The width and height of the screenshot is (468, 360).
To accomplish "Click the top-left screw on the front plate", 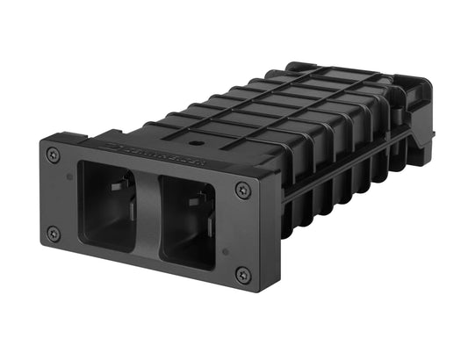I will pos(54,155).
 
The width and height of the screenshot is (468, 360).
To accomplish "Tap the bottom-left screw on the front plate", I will pos(54,234).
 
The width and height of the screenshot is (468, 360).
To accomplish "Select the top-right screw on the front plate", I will pos(242,190).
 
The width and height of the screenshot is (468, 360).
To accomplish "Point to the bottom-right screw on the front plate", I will pos(243,275).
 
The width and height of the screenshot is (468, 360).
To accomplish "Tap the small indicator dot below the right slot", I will pos(225,252).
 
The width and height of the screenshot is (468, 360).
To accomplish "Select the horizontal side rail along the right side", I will pos(351,171).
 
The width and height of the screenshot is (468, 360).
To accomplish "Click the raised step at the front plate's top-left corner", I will pos(66,138).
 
